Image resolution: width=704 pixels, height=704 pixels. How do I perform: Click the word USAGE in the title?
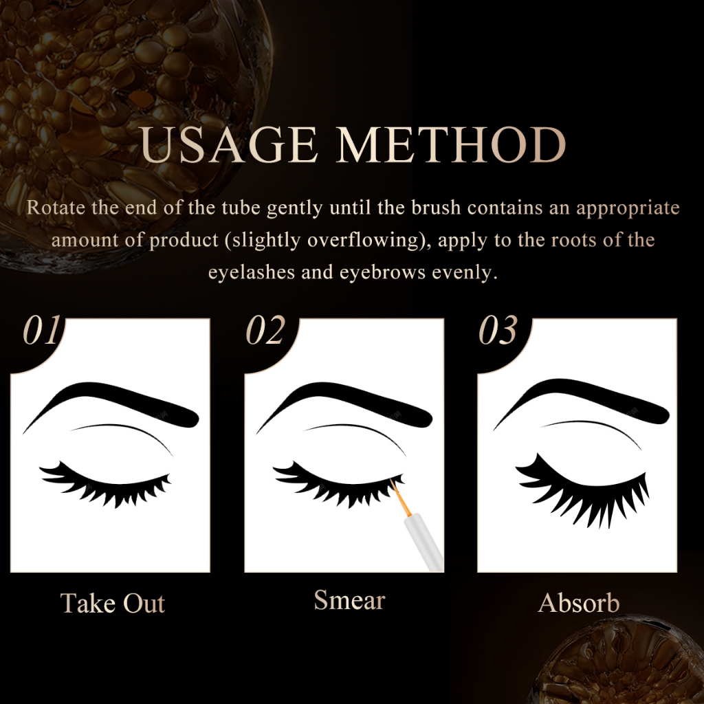click(229, 144)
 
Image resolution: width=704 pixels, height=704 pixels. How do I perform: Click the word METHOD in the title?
click(451, 144)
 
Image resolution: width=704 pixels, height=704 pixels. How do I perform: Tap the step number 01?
click(41, 330)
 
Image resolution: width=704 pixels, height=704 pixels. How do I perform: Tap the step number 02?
click(265, 330)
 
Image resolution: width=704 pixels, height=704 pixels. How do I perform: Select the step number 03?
click(498, 330)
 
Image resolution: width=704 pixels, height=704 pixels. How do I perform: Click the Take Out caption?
click(113, 602)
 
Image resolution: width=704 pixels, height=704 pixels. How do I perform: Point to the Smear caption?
click(349, 599)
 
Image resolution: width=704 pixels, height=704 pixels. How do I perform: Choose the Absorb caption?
click(579, 602)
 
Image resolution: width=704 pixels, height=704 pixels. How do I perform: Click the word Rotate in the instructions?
click(56, 208)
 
